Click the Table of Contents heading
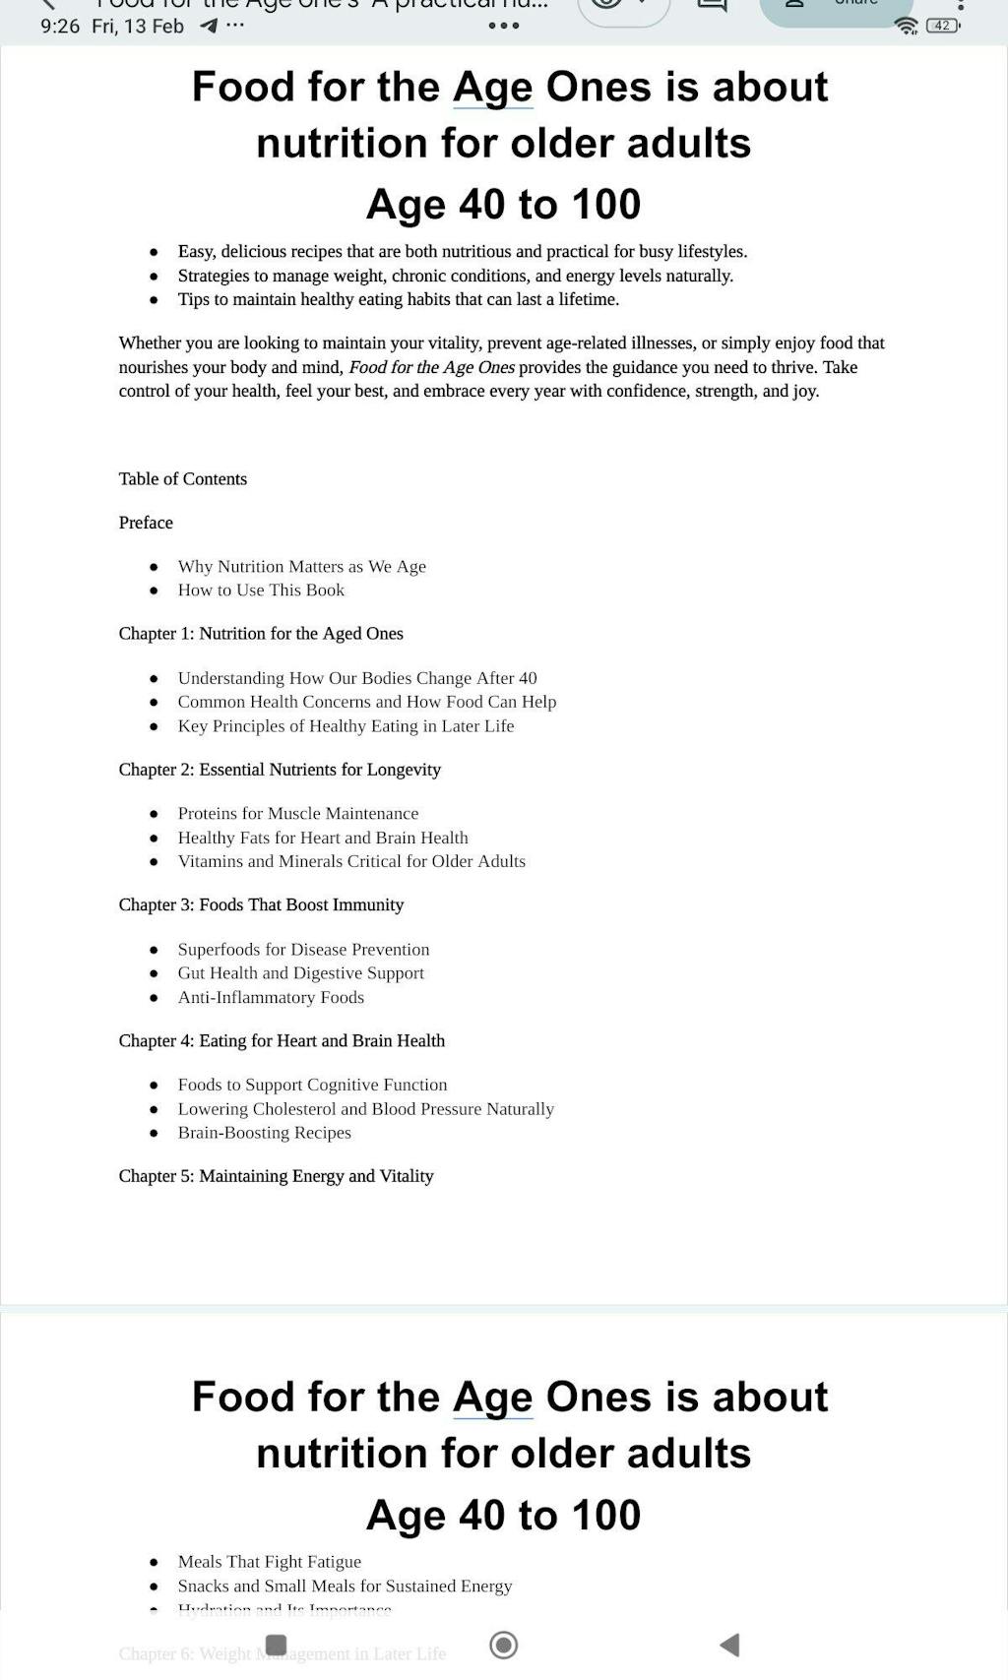pos(183,479)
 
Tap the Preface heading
pos(146,523)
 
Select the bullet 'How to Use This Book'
pos(261,591)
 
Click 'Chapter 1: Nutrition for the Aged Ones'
pos(261,634)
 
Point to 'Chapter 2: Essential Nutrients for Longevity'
pos(280,770)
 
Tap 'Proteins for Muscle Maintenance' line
pos(298,814)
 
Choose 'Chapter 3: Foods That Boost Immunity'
pos(261,905)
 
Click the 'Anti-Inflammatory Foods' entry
pos(271,998)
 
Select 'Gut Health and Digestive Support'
pos(300,973)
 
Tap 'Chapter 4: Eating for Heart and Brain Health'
pos(282,1041)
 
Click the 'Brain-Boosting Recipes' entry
pos(264,1133)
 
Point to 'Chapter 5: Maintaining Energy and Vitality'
pos(276,1176)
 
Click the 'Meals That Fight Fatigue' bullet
pos(269,1562)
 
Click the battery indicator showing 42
pos(942,26)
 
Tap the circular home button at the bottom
pos(503,1645)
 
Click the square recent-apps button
pos(276,1645)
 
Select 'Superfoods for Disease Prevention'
pos(303,950)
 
